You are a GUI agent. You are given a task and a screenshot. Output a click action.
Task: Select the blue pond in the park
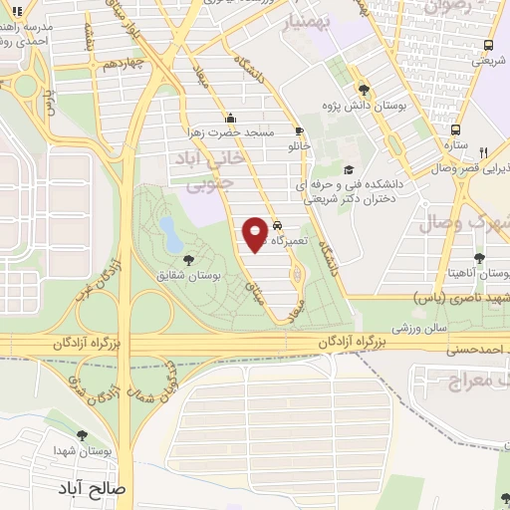point(170,235)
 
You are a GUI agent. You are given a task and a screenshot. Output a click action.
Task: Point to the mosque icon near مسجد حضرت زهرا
point(231,115)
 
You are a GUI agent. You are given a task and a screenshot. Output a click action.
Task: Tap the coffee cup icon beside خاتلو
point(298,130)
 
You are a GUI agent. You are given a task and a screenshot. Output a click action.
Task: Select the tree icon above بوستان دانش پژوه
point(363,87)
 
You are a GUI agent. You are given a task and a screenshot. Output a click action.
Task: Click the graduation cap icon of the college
point(349,168)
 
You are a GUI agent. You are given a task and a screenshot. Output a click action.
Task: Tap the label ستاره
point(455,145)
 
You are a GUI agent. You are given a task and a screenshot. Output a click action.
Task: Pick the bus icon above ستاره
point(455,129)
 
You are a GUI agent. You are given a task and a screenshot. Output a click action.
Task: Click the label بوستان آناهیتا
point(480,273)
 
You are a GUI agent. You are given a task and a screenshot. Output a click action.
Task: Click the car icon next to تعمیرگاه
point(278,225)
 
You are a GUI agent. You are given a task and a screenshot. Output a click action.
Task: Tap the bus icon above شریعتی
point(487,45)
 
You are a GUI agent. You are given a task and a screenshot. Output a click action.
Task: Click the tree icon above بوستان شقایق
point(189,259)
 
